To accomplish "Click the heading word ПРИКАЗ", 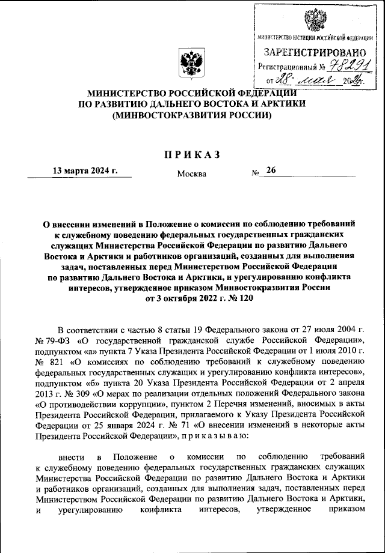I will (192, 154).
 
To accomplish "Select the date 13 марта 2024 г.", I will (84, 171).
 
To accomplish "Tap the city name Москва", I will (191, 174).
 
